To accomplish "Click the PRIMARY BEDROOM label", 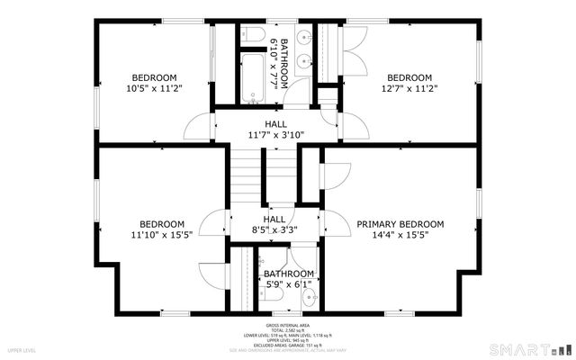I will (x=400, y=224).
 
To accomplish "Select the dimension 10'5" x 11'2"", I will (x=154, y=88).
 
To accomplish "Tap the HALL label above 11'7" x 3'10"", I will (x=276, y=124).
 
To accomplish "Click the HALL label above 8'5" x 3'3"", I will (x=274, y=219).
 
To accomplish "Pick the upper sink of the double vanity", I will (x=304, y=41).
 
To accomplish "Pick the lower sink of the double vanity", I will (x=304, y=67).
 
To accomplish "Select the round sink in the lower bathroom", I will (x=310, y=294).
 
